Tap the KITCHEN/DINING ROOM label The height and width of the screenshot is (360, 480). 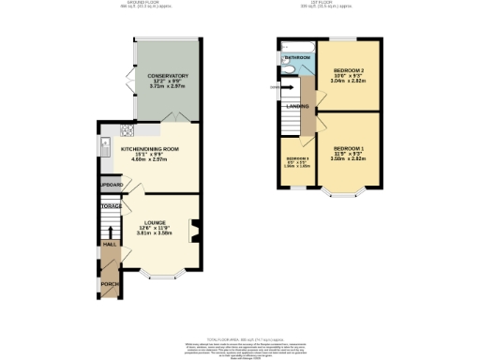[x=150, y=149]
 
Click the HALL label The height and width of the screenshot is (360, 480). [x=109, y=244]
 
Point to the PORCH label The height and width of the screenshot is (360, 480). [x=110, y=283]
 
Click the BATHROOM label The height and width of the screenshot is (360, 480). [x=298, y=57]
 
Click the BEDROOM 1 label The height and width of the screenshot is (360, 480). [x=348, y=148]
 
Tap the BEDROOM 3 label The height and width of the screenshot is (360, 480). [x=296, y=158]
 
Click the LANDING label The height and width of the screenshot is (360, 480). [x=298, y=106]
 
